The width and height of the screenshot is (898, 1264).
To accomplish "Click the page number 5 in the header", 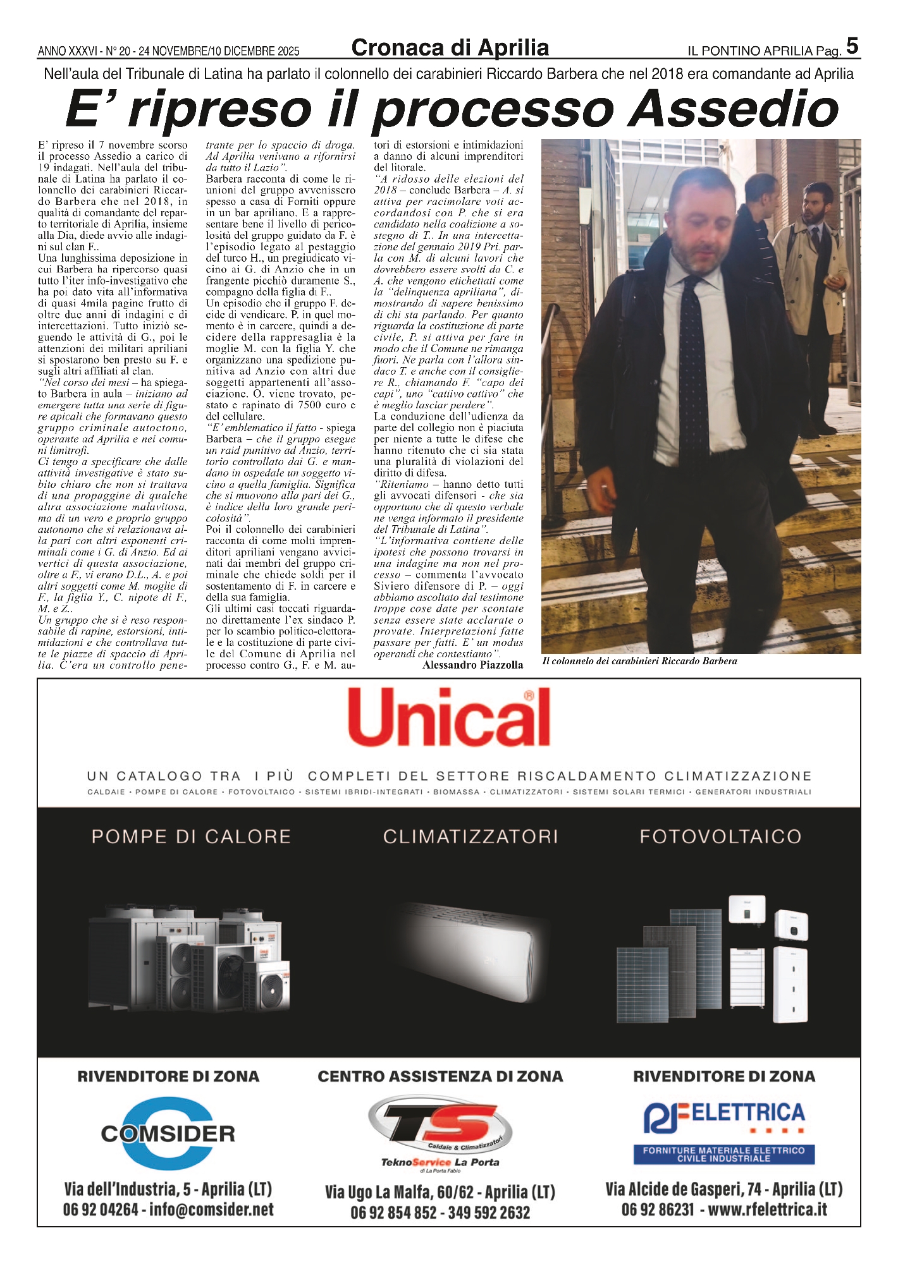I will [852, 46].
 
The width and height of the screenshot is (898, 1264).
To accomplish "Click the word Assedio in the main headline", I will [733, 110].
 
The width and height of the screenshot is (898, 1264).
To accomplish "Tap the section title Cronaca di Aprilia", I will [450, 48].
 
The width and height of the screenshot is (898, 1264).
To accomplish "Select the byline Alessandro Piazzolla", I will [472, 665].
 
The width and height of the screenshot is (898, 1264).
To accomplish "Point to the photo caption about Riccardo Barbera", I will [639, 661].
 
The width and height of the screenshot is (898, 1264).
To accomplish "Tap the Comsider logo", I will [168, 1133].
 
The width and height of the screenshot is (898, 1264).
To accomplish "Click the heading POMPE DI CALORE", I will [191, 837].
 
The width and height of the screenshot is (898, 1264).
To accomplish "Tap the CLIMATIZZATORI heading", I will [471, 837].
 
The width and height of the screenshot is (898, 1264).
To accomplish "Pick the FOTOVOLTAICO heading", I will [720, 837].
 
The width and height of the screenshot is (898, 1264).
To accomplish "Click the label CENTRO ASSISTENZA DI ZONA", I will [440, 1076].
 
